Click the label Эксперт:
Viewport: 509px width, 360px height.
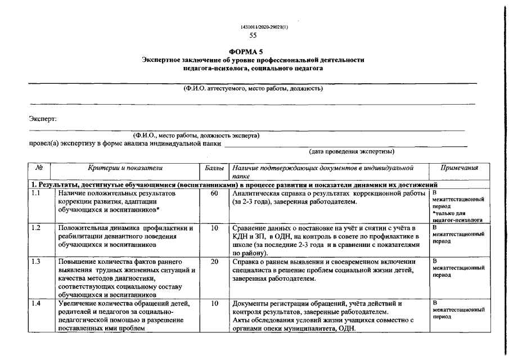click(43, 119)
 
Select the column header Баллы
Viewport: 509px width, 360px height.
click(214, 168)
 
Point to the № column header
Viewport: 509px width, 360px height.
click(40, 168)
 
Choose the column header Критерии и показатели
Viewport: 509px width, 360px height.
click(125, 168)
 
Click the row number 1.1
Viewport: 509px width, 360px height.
click(37, 193)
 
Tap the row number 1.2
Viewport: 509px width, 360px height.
click(37, 228)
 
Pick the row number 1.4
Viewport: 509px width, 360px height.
click(37, 304)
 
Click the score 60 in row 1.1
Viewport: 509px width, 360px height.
click(214, 193)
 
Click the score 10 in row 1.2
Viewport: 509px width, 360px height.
click(214, 228)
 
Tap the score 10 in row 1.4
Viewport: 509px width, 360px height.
click(214, 304)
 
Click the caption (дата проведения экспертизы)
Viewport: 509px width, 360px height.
click(352, 152)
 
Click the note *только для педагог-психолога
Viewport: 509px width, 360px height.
click(458, 217)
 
